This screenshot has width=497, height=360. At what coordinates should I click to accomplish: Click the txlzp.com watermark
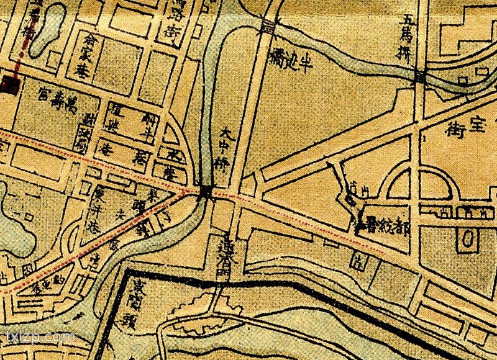point(40,338)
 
